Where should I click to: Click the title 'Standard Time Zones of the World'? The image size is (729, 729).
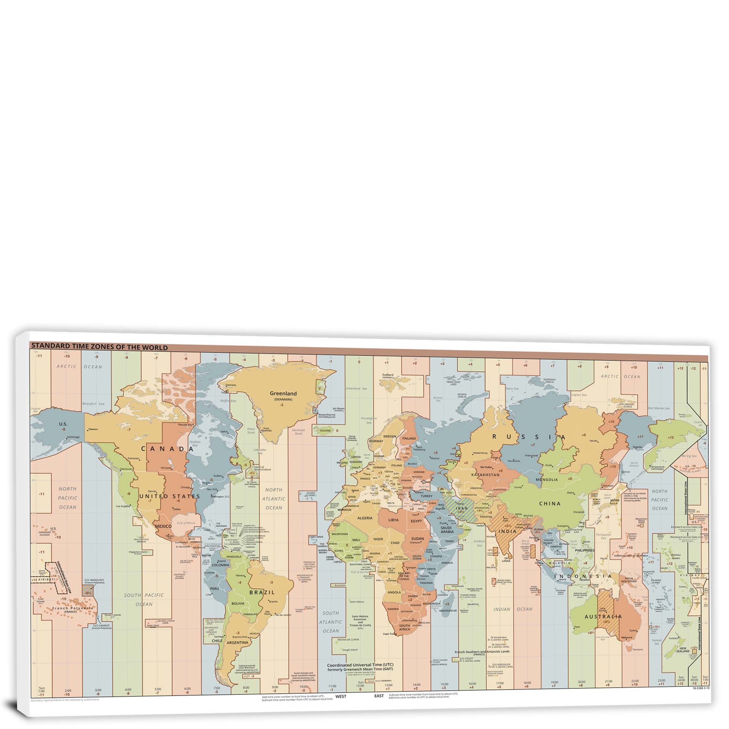tap(99, 347)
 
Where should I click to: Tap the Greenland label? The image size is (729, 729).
tap(283, 383)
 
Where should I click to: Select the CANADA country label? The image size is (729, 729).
tap(167, 449)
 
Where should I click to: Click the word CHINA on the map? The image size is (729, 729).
tap(550, 504)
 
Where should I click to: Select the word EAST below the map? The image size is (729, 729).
tap(379, 696)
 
